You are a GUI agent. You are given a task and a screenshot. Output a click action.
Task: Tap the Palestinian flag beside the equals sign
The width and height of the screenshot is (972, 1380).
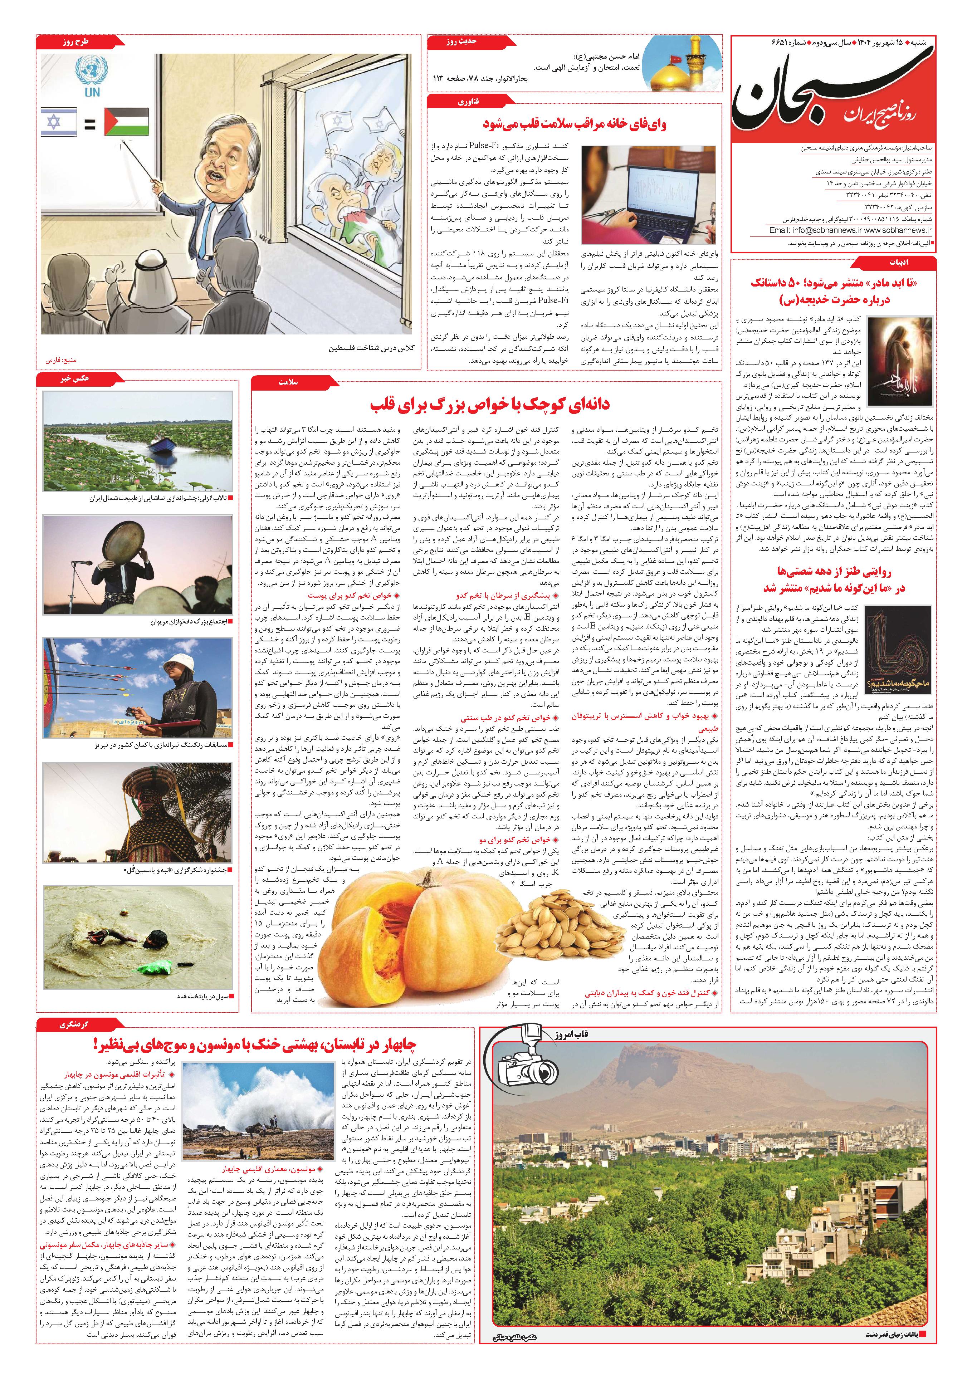tap(126, 122)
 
